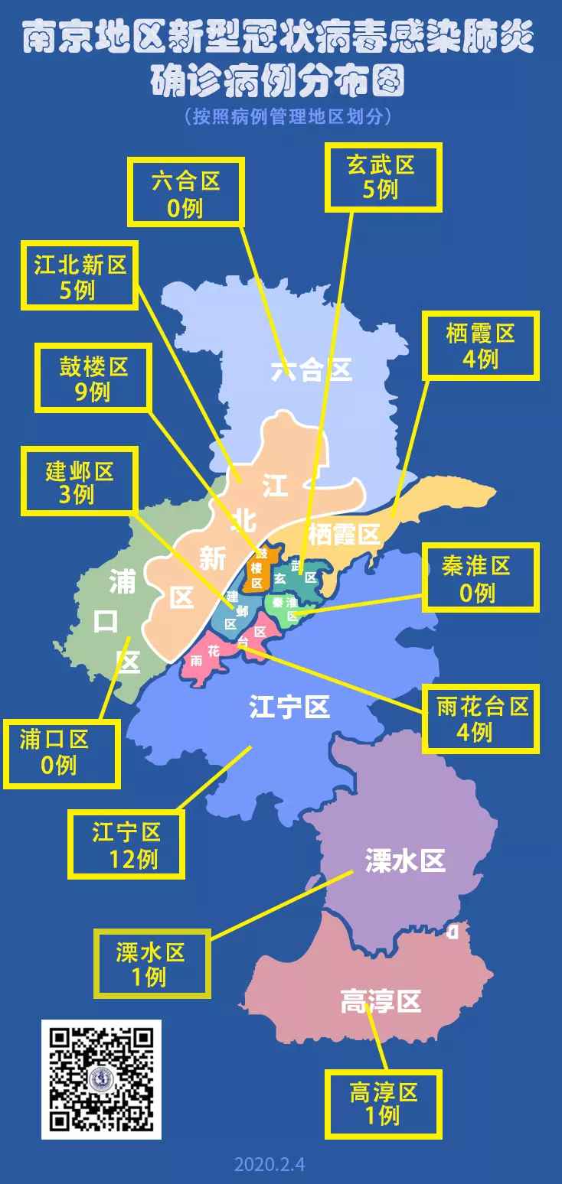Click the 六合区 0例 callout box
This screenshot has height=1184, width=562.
[186, 193]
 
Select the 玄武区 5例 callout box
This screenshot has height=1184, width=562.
[384, 177]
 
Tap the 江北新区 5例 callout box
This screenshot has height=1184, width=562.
[80, 276]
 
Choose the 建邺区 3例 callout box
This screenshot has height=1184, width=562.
[80, 481]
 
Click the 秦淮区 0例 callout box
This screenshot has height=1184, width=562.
[479, 578]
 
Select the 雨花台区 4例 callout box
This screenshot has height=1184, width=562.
[480, 719]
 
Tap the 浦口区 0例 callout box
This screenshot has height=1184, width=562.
[62, 753]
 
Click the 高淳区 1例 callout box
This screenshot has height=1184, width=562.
[384, 1104]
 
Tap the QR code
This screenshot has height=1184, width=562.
[101, 1079]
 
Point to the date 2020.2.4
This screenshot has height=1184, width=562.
[270, 1164]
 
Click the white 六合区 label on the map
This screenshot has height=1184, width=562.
[312, 371]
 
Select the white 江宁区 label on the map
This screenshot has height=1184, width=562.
[289, 707]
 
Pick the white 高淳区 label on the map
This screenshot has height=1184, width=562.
[381, 1000]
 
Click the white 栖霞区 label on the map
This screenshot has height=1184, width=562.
[344, 534]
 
